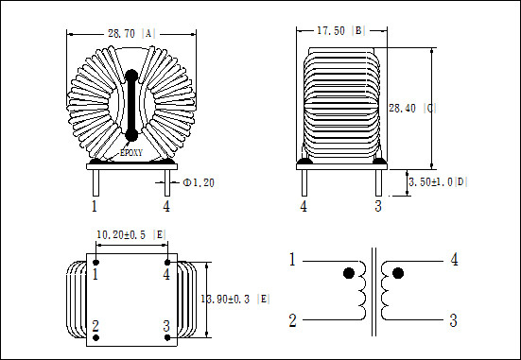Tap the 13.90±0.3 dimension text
[x=234, y=299]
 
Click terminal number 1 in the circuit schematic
[x=293, y=260]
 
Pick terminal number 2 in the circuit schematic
[x=293, y=320]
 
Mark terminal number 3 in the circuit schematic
[x=454, y=320]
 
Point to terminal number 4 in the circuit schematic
[x=454, y=260]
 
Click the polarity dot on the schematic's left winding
[x=349, y=273]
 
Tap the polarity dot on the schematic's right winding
[x=397, y=273]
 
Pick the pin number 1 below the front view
[x=94, y=205]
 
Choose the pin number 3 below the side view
[x=377, y=205]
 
